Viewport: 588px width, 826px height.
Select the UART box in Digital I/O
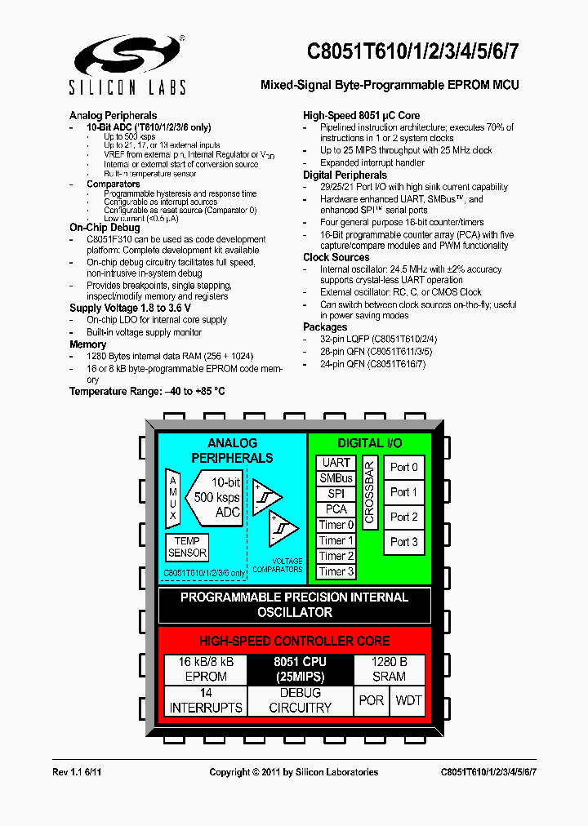coord(336,463)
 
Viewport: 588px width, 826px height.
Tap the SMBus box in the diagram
coord(336,478)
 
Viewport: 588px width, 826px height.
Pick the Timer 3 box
coord(336,571)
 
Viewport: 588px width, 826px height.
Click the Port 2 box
coord(404,517)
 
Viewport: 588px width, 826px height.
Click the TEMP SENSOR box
coord(187,547)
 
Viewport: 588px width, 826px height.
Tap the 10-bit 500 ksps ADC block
coord(215,497)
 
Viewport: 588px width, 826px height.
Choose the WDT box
coord(408,700)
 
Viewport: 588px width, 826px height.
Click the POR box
coord(372,700)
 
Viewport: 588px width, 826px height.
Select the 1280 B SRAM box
coord(389,669)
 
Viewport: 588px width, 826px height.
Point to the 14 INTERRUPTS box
coord(206,700)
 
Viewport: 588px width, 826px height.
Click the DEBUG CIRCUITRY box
coord(300,700)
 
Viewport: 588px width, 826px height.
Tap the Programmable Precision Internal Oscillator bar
coord(294,605)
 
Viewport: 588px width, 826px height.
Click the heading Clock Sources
coord(336,257)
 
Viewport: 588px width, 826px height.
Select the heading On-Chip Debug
coord(105,228)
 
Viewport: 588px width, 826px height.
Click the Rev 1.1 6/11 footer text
coord(77,772)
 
